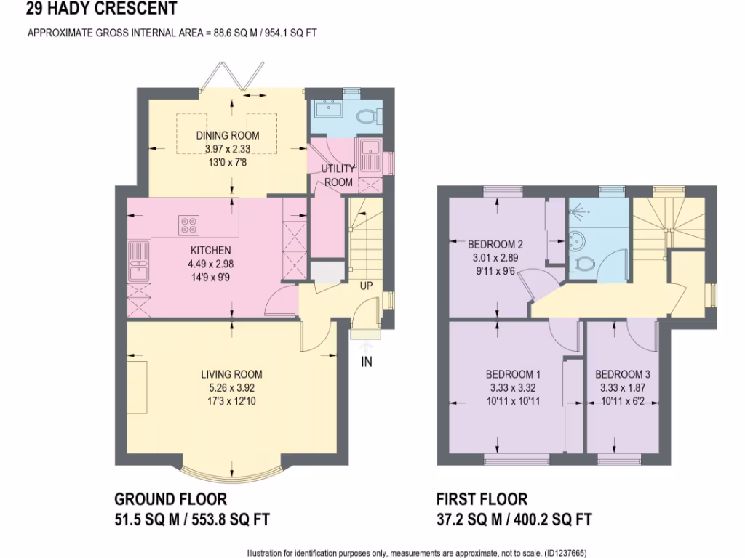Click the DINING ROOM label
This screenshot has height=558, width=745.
(x=228, y=135)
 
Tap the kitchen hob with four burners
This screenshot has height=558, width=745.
(x=189, y=225)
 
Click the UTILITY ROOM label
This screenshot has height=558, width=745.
(x=338, y=175)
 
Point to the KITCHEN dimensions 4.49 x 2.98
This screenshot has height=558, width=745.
(x=210, y=264)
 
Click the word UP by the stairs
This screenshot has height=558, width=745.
(x=366, y=286)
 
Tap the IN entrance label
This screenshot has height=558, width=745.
(x=367, y=362)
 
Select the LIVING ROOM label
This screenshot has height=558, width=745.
(x=231, y=374)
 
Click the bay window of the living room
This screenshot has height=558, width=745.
(x=231, y=471)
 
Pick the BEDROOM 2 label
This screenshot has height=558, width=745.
(x=495, y=244)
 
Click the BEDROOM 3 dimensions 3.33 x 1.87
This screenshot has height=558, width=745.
(x=623, y=387)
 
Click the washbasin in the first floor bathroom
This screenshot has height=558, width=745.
(x=576, y=238)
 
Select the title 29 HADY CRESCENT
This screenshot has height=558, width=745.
(x=101, y=8)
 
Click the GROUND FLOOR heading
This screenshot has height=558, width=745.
(x=170, y=499)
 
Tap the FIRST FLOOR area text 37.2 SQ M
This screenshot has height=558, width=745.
(x=469, y=519)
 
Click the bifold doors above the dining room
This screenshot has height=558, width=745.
(x=231, y=76)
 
